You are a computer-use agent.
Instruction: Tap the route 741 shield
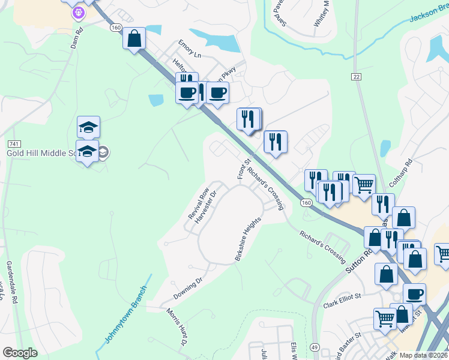pos(14,145)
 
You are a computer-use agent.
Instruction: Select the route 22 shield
pos(357,77)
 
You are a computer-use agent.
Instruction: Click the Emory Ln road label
pos(189,49)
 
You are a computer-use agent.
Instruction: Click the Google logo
pos(20,353)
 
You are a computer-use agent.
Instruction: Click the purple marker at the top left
pos(77,12)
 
